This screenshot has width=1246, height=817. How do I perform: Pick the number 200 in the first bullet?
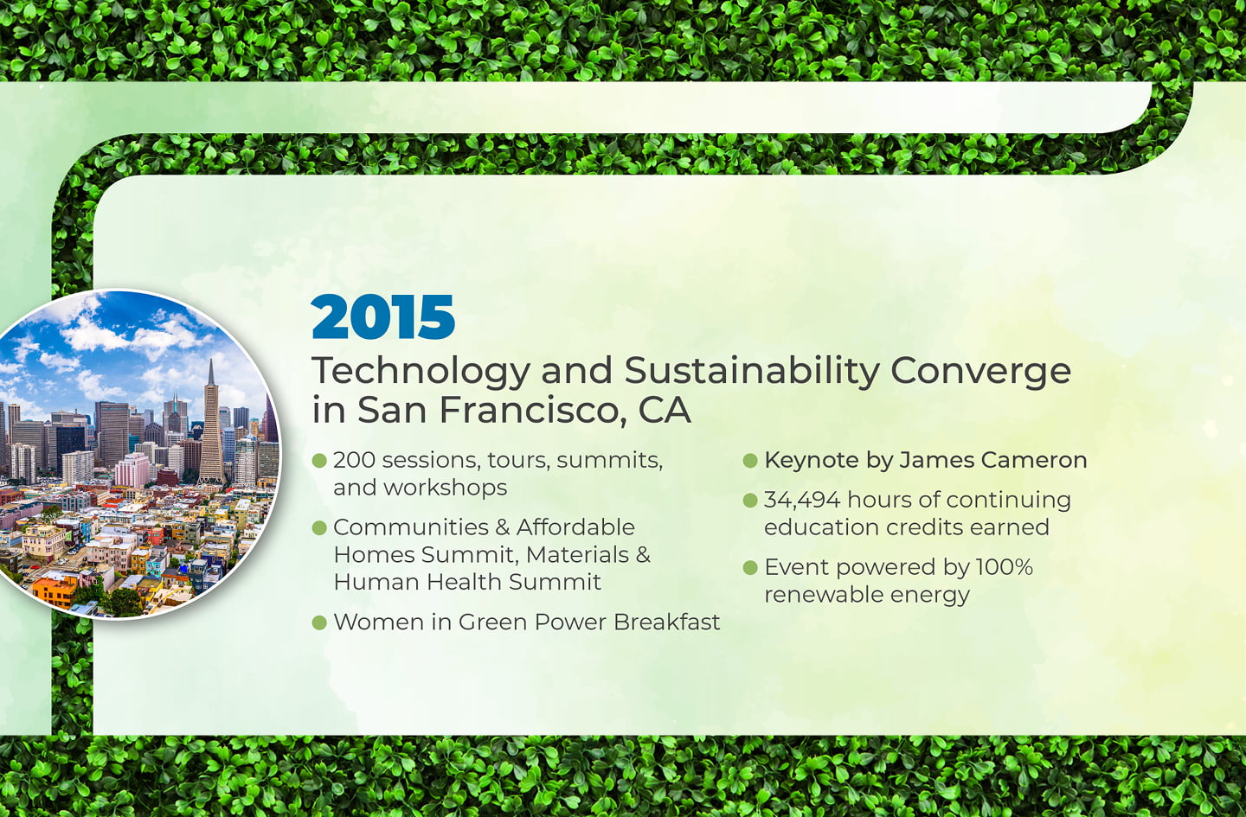(x=354, y=460)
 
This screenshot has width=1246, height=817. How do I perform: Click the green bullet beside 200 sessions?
(x=319, y=460)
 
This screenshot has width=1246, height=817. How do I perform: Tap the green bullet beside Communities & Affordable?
(x=319, y=527)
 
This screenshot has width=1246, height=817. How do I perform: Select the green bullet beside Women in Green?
(x=319, y=622)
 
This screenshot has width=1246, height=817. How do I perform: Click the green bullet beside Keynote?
(x=750, y=460)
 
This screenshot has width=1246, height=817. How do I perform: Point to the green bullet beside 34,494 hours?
(x=750, y=501)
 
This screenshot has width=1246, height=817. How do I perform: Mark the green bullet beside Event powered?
(x=750, y=567)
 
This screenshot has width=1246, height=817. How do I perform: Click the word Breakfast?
(x=666, y=622)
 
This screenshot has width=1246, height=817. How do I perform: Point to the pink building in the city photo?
(x=132, y=469)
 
